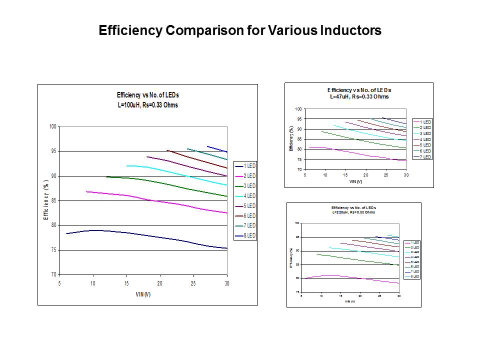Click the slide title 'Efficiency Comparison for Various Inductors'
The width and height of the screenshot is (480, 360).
[240, 30]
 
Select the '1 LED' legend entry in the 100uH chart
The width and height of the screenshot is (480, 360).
[248, 166]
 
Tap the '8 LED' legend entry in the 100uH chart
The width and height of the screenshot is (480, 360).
[248, 235]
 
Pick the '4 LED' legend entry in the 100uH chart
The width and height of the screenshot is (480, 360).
[248, 196]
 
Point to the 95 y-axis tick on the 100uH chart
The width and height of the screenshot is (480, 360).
[52, 151]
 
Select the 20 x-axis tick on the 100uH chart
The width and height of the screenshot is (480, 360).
[160, 283]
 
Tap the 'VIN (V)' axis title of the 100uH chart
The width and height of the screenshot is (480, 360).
[143, 294]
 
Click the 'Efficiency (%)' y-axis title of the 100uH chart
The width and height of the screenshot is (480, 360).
[46, 200]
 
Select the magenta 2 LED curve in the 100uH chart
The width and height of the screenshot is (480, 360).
[150, 200]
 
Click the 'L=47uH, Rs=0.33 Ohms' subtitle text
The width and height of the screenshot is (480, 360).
[359, 96]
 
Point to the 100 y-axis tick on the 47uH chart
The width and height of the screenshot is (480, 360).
[298, 109]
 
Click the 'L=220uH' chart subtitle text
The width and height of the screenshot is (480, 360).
[353, 212]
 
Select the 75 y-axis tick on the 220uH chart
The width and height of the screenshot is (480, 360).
[297, 291]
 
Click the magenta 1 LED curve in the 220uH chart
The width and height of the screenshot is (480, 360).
[350, 277]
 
